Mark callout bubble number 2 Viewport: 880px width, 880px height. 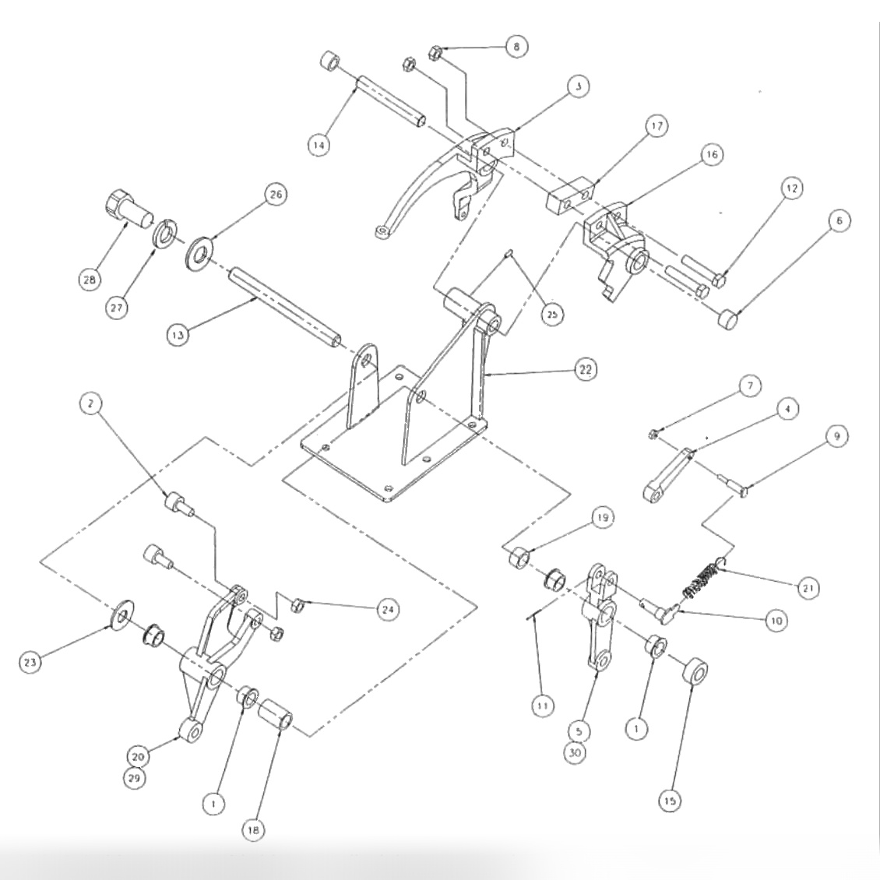click(x=91, y=405)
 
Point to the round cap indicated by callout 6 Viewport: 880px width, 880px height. click(x=728, y=318)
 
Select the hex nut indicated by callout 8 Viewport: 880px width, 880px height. click(x=436, y=54)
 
